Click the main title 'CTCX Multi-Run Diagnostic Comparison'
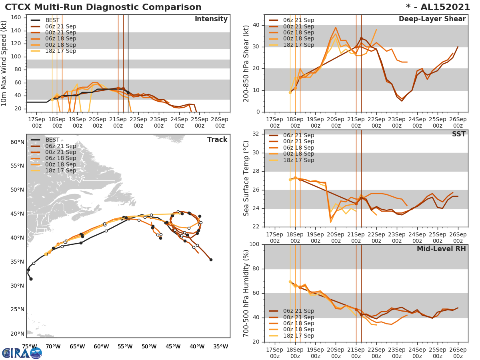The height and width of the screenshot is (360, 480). click(103, 7)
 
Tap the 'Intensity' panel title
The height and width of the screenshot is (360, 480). click(211, 19)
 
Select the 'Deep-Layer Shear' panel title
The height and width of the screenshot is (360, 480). click(432, 19)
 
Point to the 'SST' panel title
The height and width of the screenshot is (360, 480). click(458, 134)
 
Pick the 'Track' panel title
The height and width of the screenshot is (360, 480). click(217, 140)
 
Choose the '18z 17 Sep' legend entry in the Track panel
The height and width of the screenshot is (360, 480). click(60, 170)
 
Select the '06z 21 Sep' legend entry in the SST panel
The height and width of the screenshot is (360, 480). click(298, 136)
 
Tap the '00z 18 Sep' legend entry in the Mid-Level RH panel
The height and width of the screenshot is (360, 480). click(298, 330)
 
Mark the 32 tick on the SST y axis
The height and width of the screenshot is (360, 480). click(256, 134)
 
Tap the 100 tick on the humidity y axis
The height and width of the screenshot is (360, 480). click(254, 244)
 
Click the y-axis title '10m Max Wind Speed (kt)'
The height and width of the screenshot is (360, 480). click(4, 64)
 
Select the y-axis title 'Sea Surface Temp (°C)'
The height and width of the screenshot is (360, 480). click(247, 179)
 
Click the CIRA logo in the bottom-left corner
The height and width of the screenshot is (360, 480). click(22, 353)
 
